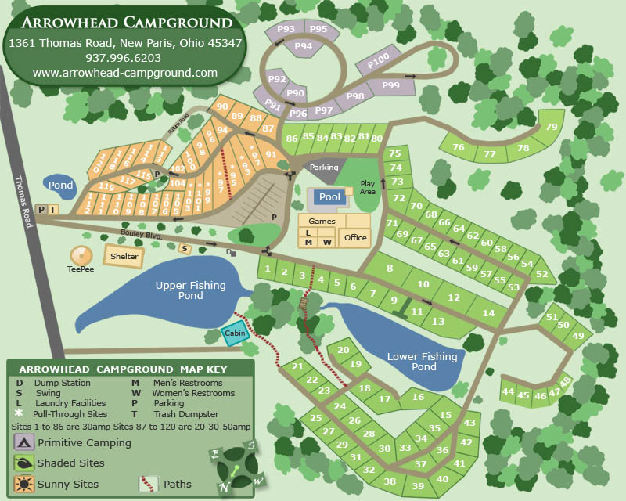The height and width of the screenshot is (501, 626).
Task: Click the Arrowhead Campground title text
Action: coord(125,23)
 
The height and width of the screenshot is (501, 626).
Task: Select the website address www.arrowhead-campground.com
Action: coord(125,73)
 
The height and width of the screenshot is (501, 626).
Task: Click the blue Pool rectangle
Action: coord(329,197)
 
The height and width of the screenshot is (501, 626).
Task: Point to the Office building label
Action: coord(355,238)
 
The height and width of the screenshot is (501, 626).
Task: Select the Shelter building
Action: coord(124,256)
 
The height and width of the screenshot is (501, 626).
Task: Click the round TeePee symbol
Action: coord(81,255)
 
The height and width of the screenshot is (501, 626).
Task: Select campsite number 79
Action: coord(552,127)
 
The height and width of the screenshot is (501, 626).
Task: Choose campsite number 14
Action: coord(489,313)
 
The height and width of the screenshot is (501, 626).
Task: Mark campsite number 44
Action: coord(508,391)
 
